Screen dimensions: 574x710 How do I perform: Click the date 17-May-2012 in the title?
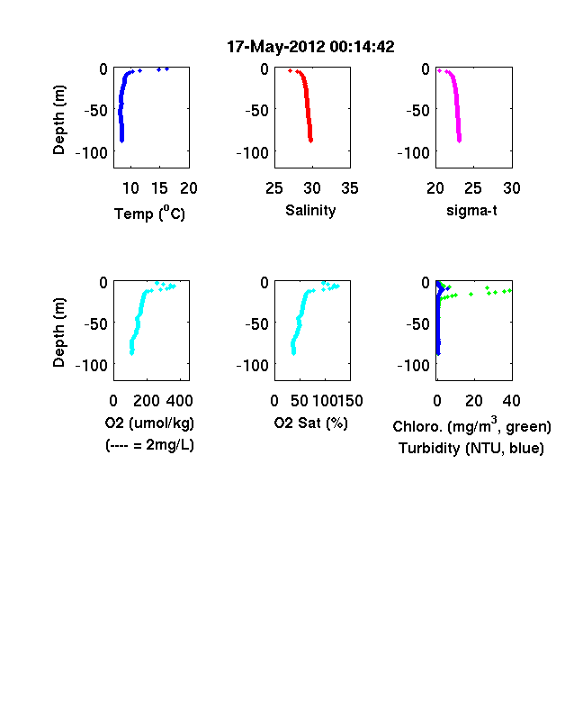point(275,46)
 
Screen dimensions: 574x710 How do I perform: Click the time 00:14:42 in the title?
point(362,46)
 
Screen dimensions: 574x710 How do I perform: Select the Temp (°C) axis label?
point(149,214)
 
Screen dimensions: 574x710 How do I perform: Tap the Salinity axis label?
point(310,211)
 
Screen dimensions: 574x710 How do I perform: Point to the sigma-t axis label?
point(471,211)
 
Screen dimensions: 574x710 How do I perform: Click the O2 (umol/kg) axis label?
point(149,423)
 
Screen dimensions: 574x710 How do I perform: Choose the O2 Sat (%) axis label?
point(311,423)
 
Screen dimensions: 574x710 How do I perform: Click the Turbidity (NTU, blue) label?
point(471,449)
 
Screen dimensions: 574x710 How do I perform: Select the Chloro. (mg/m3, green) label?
point(471,425)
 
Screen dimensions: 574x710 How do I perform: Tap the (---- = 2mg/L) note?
point(149,445)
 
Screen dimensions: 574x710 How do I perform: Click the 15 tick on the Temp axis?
point(159,188)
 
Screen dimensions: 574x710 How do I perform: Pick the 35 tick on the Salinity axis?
point(350,188)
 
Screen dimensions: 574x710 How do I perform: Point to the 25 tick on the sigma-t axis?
point(473,188)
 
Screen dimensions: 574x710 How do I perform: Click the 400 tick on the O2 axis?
point(179,401)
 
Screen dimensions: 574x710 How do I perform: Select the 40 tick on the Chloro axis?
point(511,401)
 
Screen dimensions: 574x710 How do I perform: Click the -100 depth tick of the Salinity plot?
point(253,153)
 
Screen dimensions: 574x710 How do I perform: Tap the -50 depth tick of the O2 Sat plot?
point(256,324)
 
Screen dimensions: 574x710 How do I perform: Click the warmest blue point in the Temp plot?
point(166,68)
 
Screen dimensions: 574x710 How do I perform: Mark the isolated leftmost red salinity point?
point(291,70)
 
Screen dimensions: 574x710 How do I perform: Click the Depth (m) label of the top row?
point(58,120)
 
